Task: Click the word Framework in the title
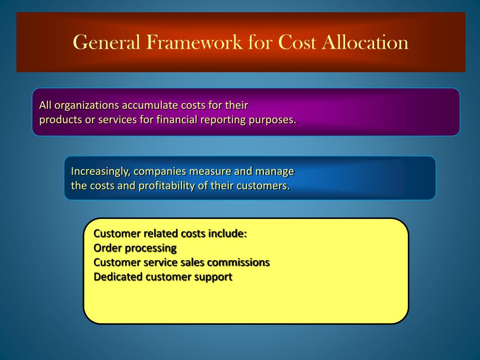click(x=194, y=42)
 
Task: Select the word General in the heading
click(x=107, y=42)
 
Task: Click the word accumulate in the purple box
click(x=150, y=105)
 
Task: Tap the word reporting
click(x=223, y=120)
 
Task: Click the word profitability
click(x=167, y=186)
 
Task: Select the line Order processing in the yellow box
click(x=135, y=247)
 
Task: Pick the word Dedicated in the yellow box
click(x=118, y=277)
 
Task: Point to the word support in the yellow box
click(x=213, y=277)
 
